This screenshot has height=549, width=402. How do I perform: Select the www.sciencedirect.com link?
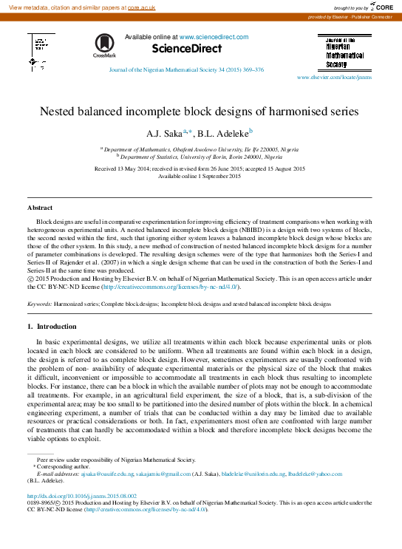tap(214, 37)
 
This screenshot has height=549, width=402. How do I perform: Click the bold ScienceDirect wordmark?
tap(186, 49)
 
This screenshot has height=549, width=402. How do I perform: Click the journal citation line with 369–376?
tap(186, 70)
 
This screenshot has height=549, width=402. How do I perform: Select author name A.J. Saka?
tap(164, 134)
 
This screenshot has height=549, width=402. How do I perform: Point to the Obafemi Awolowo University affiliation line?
tap(201, 149)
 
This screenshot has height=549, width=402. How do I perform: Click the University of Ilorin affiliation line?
tap(201, 157)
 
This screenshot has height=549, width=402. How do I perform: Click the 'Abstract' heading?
tap(40, 208)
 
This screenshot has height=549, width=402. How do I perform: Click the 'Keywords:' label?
tap(40, 304)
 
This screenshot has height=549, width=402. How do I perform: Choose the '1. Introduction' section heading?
tap(51, 326)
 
